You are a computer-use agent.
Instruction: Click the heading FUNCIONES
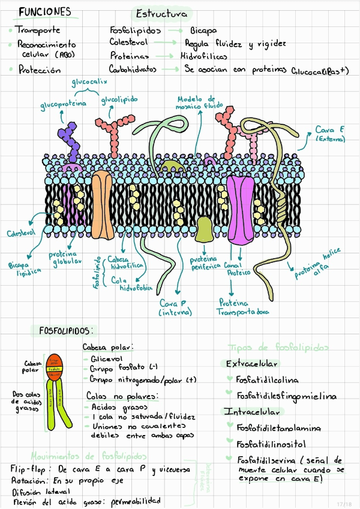[44, 12]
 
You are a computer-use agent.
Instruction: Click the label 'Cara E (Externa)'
[330, 134]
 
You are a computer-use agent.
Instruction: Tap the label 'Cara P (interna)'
[175, 308]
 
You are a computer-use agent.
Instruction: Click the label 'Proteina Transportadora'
[243, 307]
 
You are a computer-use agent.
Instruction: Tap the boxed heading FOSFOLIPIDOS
[67, 331]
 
